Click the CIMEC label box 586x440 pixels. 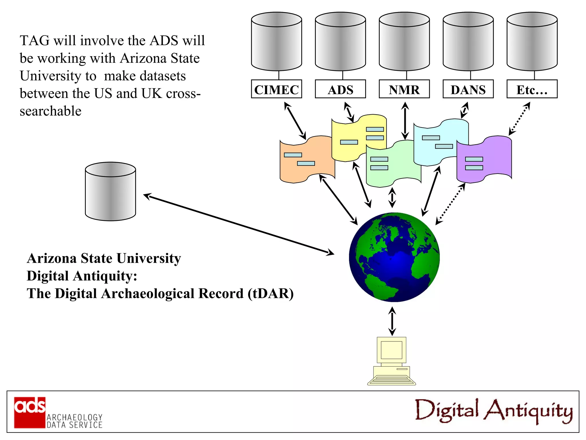[x=276, y=89]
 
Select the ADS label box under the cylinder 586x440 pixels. [x=340, y=89]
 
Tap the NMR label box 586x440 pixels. [x=404, y=89]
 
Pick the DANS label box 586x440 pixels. [x=468, y=89]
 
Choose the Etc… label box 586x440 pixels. [x=532, y=89]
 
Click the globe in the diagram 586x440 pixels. [x=394, y=257]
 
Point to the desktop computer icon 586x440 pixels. [x=391, y=361]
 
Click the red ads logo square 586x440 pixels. [x=30, y=412]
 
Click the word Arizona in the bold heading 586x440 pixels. [x=52, y=258]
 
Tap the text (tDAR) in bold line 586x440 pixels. [x=270, y=294]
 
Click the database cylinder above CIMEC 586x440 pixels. [x=276, y=42]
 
